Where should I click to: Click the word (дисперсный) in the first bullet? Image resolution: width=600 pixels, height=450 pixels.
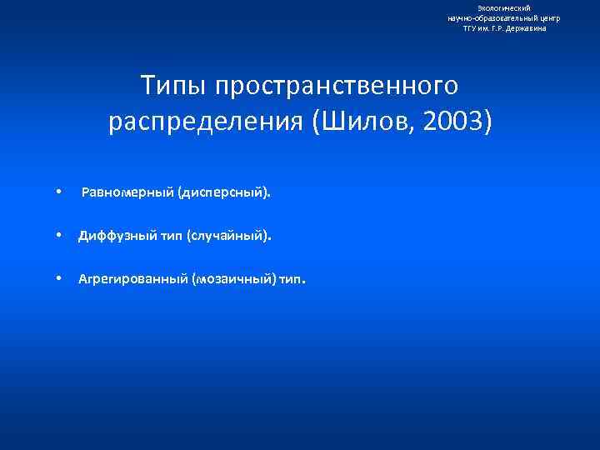[224, 192]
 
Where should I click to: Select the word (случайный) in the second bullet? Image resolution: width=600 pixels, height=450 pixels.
[229, 236]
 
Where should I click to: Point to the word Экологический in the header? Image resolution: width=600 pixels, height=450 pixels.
[504, 7]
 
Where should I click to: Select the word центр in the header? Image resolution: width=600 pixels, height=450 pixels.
[549, 17]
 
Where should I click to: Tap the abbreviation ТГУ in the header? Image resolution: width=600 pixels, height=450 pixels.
[471, 27]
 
